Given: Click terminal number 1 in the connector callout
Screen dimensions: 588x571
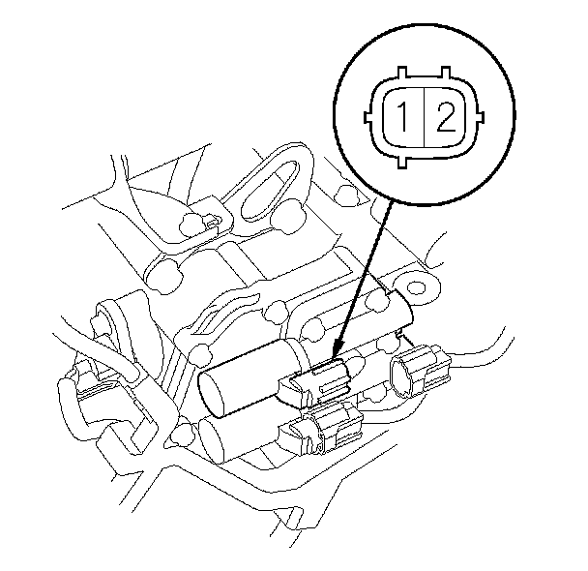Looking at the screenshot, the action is click(403, 117).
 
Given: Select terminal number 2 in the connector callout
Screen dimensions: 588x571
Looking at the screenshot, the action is click(446, 117).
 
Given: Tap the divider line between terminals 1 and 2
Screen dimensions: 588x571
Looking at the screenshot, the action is click(425, 117).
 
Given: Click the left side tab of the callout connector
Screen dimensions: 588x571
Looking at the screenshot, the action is click(368, 117).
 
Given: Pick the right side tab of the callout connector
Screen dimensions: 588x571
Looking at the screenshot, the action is click(480, 117).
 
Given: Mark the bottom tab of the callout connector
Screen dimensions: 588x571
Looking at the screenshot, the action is click(402, 162).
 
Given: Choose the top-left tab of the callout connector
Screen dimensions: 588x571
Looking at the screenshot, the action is click(401, 73).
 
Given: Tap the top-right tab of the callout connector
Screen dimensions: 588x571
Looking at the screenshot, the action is click(446, 73).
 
